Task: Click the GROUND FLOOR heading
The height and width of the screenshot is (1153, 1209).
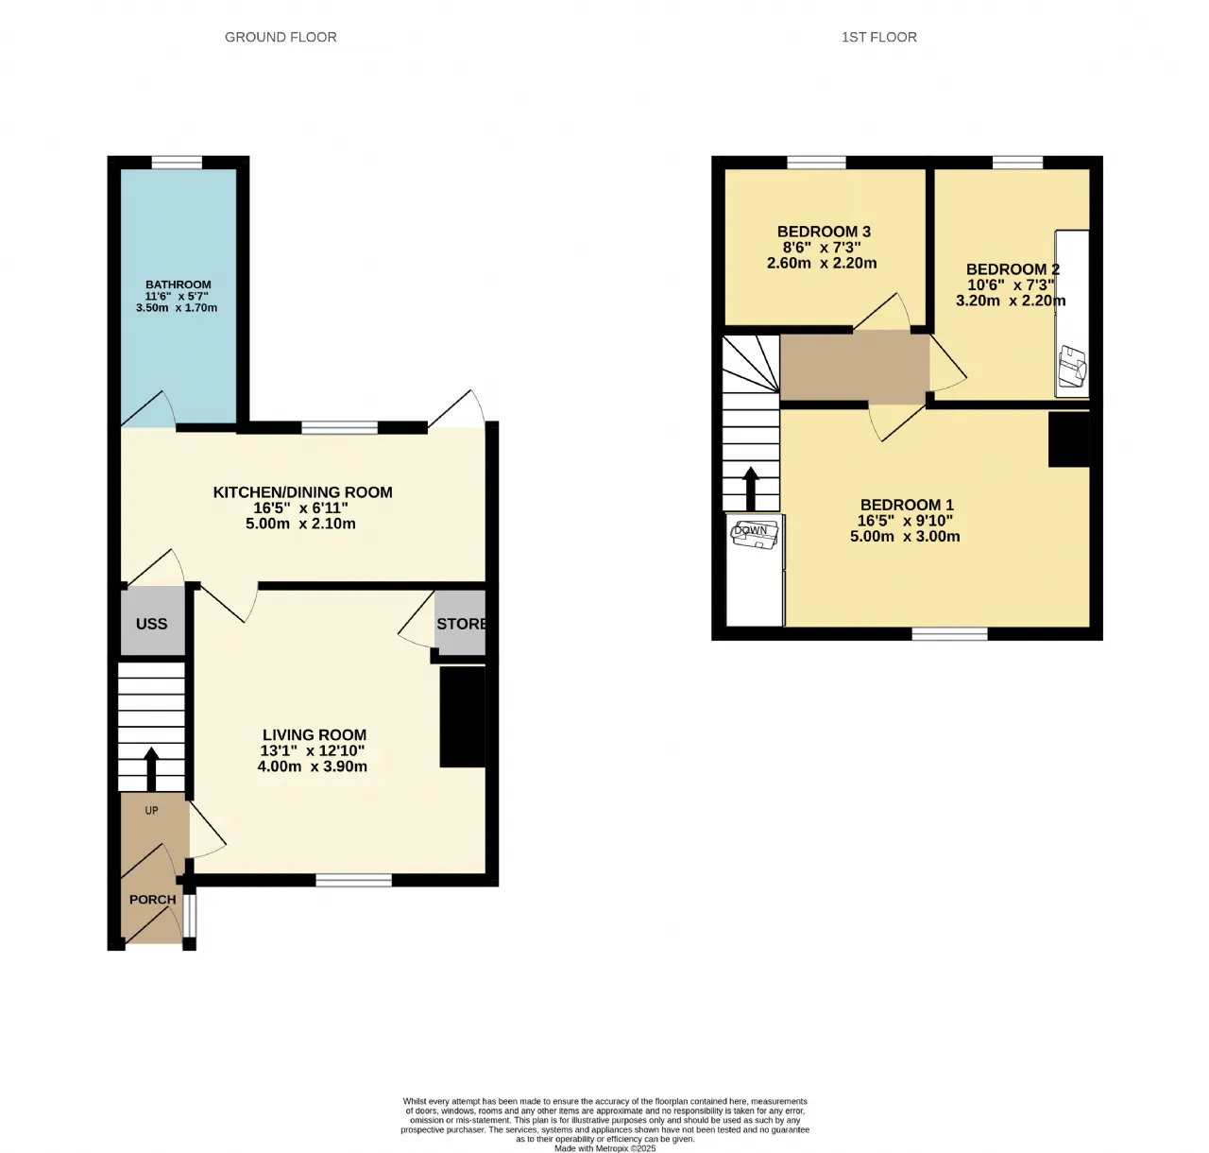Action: pos(281,38)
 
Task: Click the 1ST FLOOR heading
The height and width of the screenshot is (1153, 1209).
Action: pos(878,38)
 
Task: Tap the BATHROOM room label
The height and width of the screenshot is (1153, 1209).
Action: pos(178,284)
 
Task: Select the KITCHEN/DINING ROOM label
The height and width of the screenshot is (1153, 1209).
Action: pos(302,492)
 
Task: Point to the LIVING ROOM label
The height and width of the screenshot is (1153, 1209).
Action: pos(315,734)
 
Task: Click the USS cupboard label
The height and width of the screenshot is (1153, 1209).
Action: pos(151,624)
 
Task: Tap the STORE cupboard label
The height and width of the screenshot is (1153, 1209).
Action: pos(461,624)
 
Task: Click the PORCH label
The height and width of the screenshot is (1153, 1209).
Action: pos(152,900)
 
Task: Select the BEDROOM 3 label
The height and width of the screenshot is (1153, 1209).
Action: pos(824,232)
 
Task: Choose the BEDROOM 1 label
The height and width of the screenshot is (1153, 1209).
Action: pos(907,505)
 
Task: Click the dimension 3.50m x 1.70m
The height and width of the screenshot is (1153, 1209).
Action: pos(177,308)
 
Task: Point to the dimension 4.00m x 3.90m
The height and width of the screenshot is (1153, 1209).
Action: pos(313,766)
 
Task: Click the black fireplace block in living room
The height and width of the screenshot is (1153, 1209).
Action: pos(463,717)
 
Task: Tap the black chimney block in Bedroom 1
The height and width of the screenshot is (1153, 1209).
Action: pos(1069,439)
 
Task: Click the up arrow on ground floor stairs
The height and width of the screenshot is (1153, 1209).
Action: pos(151,769)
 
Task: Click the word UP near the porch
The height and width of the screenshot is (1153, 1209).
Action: pos(151,810)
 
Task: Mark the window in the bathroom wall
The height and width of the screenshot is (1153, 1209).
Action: pos(177,163)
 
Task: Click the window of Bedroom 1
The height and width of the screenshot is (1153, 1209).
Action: pos(949,634)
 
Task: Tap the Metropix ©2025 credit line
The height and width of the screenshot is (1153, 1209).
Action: pos(605,1148)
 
